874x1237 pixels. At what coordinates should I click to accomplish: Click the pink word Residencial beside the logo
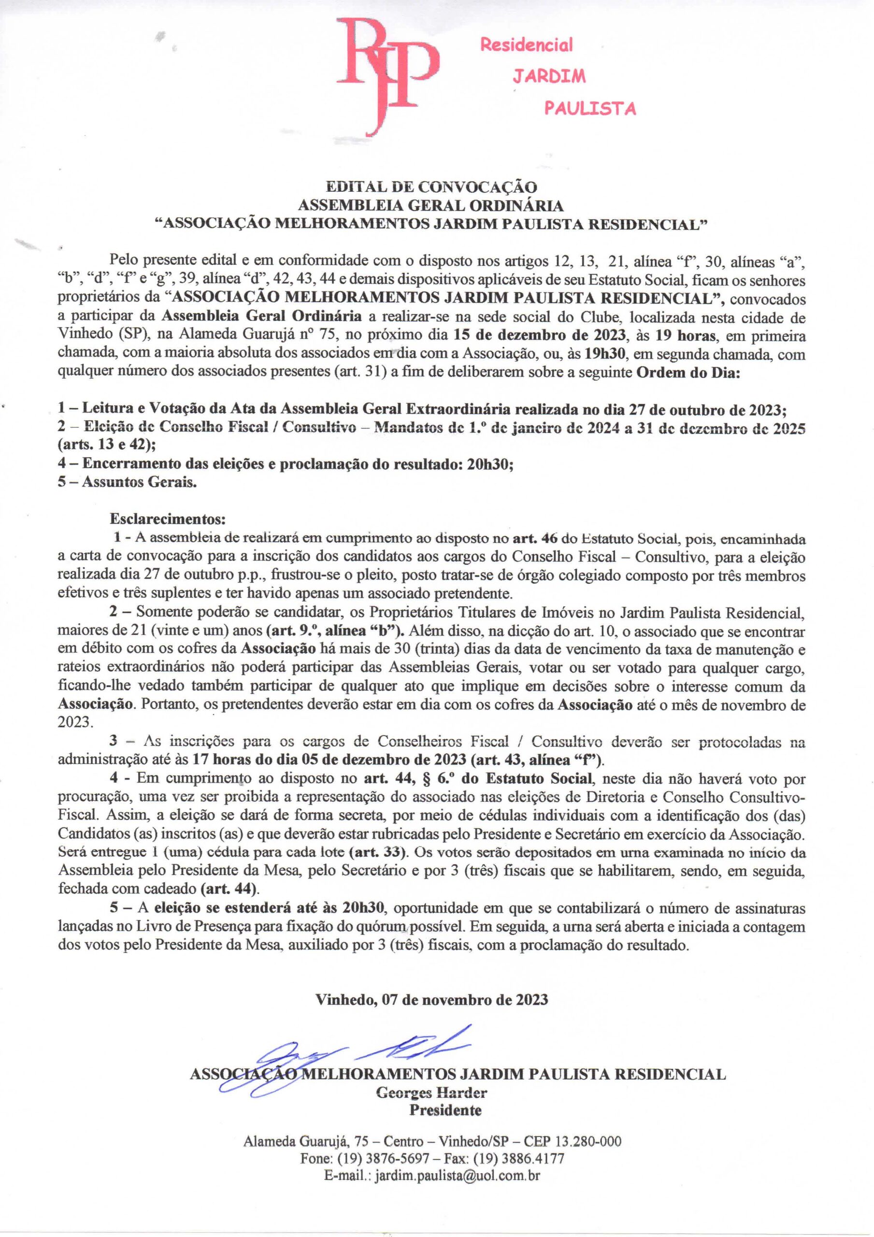tap(526, 45)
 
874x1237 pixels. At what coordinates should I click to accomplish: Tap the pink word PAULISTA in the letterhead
tap(589, 109)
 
